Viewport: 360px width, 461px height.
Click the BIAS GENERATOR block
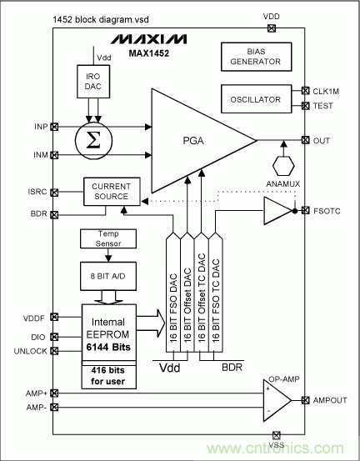[x=257, y=57]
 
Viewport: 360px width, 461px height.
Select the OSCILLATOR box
[x=257, y=99]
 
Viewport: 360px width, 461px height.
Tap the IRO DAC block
[x=93, y=82]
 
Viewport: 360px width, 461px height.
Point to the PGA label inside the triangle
[x=193, y=141]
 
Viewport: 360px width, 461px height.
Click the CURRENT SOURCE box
[x=112, y=192]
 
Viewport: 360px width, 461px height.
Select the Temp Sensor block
[x=108, y=238]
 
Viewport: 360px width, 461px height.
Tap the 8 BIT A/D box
[x=108, y=277]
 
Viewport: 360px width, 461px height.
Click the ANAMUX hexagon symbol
[x=283, y=166]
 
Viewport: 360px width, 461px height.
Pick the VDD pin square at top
[x=271, y=28]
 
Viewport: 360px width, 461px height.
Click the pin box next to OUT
[x=305, y=140]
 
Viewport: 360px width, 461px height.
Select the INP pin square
[x=54, y=127]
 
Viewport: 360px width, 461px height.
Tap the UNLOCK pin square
[x=54, y=351]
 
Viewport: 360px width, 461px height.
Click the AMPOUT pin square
[x=305, y=400]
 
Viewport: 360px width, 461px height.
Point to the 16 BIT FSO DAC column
[x=173, y=292]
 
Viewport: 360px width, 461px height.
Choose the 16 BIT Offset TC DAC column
[x=202, y=292]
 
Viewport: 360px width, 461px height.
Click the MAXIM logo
[x=148, y=39]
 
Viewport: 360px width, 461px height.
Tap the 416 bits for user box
[x=108, y=375]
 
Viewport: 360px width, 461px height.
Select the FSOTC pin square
[x=305, y=211]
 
